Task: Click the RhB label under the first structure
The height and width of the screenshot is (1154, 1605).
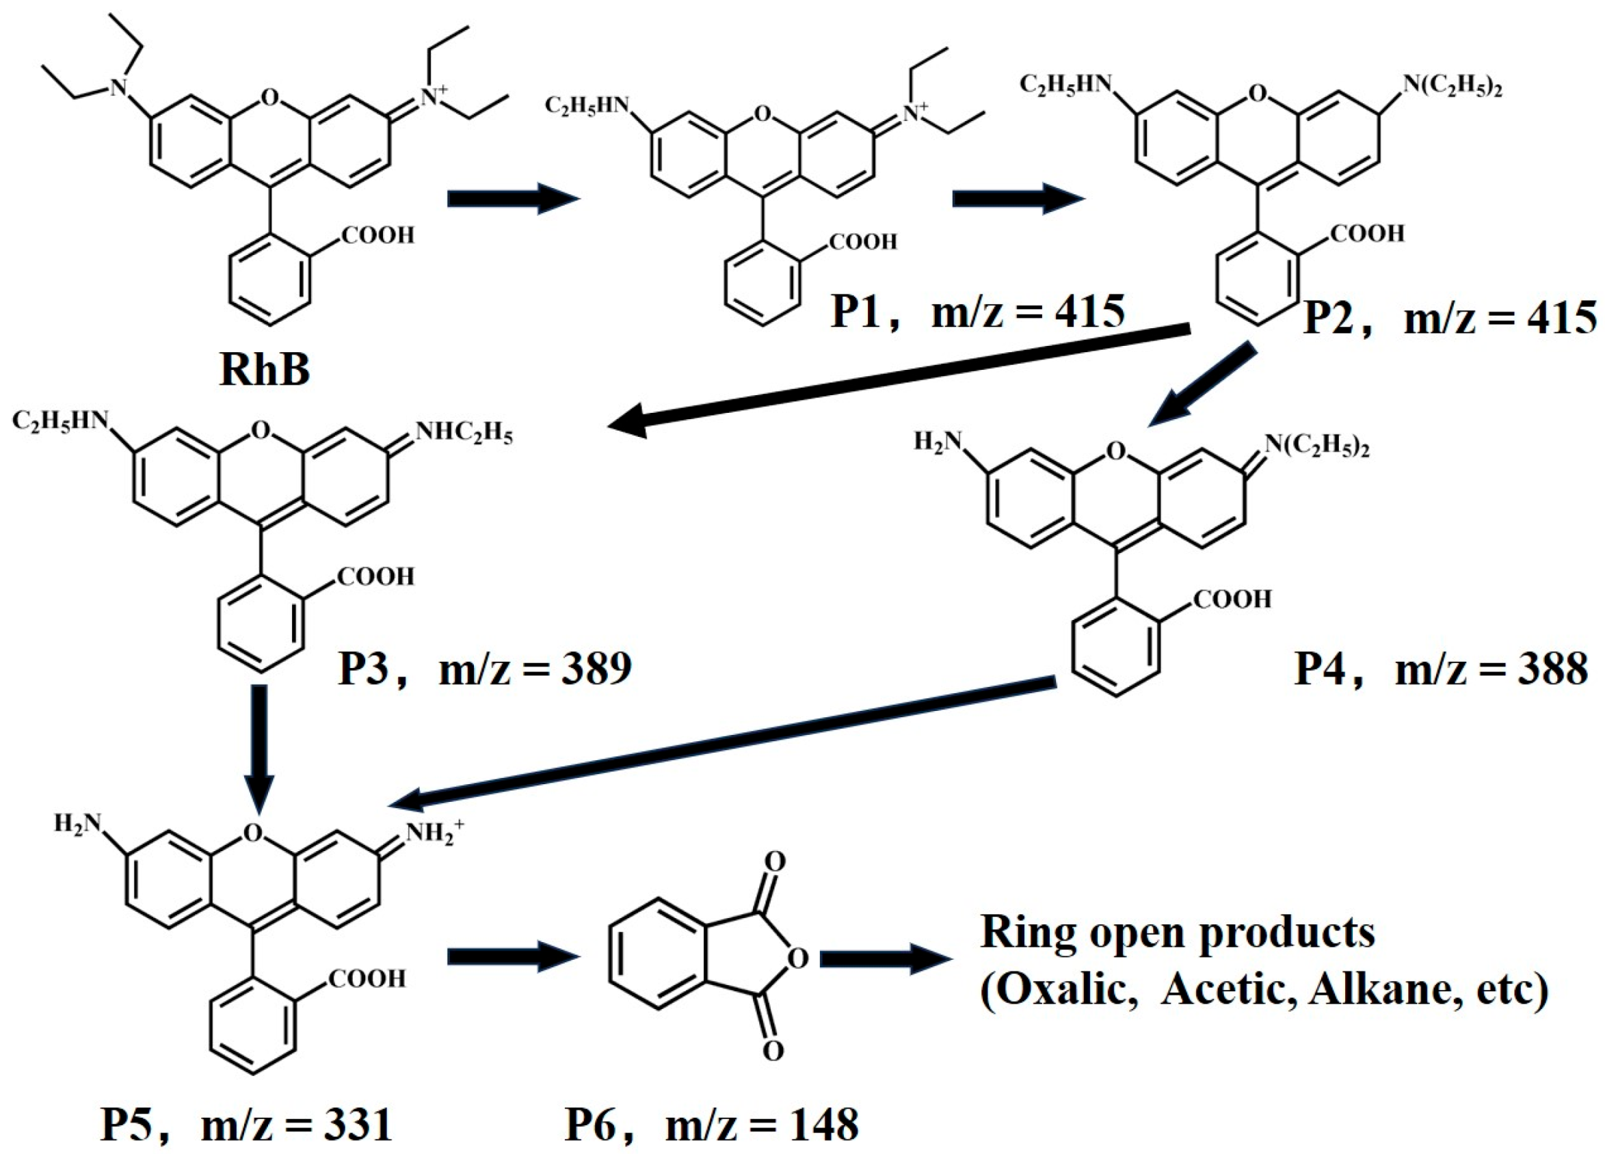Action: click(x=265, y=369)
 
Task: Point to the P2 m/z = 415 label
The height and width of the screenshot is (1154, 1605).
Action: click(x=1450, y=318)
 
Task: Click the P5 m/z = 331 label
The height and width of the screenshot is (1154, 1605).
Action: click(x=246, y=1125)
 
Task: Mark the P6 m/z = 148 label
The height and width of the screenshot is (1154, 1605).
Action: click(x=711, y=1125)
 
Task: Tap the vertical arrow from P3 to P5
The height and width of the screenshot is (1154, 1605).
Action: click(x=260, y=750)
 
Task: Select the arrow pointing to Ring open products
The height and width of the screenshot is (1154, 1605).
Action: click(x=883, y=958)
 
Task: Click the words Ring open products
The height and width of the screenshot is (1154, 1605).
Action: click(x=1178, y=932)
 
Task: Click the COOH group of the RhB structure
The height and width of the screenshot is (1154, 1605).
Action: click(x=378, y=235)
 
